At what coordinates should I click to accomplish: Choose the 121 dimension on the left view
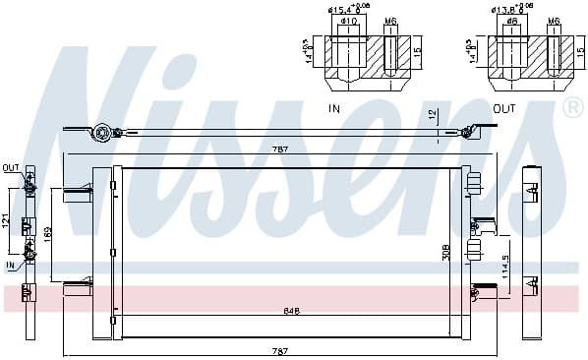click(x=7, y=222)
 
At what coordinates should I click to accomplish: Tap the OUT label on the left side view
click(x=11, y=166)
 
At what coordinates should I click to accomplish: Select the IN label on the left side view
click(x=10, y=265)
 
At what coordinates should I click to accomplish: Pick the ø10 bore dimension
click(x=348, y=21)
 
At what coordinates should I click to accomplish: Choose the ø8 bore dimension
click(x=513, y=21)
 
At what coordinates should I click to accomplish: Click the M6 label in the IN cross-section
click(x=390, y=21)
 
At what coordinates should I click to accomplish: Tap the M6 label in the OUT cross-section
click(x=554, y=21)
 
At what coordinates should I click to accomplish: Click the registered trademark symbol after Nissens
click(x=570, y=107)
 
